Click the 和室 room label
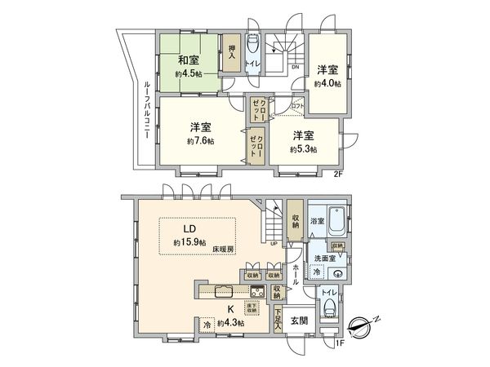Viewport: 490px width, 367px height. pos(190,59)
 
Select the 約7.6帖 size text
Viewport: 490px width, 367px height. pos(199,141)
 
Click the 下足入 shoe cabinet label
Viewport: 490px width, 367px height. pos(278,318)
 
